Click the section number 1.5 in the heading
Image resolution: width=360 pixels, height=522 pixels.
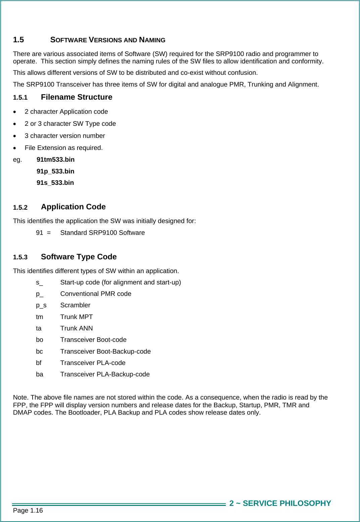pos(18,40)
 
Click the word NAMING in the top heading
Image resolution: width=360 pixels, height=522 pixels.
pos(152,40)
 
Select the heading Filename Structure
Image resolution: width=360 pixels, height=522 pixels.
pos(76,97)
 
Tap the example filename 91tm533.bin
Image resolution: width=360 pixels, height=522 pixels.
pos(55,160)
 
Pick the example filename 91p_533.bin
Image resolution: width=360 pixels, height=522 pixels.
pos(55,171)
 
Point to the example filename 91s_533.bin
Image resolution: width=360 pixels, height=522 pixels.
pos(55,183)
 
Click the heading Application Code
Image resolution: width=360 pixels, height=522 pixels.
pos(73,207)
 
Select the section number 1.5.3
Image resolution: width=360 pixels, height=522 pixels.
pos(20,257)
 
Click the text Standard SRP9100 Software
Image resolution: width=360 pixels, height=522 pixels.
pos(102,233)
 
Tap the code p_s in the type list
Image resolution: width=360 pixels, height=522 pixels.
pos(41,305)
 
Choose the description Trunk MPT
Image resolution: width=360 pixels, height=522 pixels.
pos(76,317)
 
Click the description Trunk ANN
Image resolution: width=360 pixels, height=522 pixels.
pos(76,328)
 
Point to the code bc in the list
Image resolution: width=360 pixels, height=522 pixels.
pos(39,352)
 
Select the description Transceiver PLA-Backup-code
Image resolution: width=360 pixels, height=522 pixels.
pos(105,374)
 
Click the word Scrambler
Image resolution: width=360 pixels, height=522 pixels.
pos(75,305)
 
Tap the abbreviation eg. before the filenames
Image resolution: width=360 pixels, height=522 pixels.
pos(17,160)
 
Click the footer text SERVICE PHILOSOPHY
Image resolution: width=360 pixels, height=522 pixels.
pos(287,503)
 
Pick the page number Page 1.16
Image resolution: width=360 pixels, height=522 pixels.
pos(28,511)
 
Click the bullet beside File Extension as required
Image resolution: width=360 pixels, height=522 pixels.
pos(14,148)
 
